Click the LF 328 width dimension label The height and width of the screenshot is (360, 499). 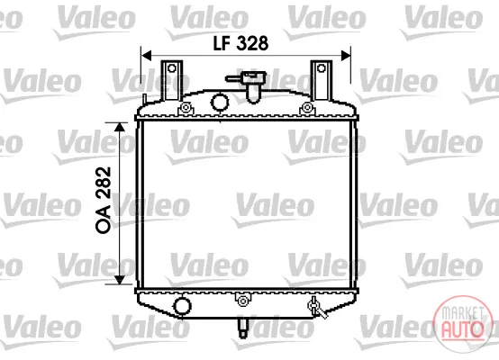[240, 43]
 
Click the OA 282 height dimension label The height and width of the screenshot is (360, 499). [104, 200]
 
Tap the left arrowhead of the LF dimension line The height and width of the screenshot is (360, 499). [147, 55]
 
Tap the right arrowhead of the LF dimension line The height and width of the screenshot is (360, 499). [346, 55]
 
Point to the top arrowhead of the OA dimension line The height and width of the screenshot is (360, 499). [119, 127]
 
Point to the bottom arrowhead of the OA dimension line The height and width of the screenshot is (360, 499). [119, 280]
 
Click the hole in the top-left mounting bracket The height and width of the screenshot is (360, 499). [172, 68]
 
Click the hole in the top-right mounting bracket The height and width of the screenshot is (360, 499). [322, 68]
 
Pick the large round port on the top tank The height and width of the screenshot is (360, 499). [220, 102]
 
